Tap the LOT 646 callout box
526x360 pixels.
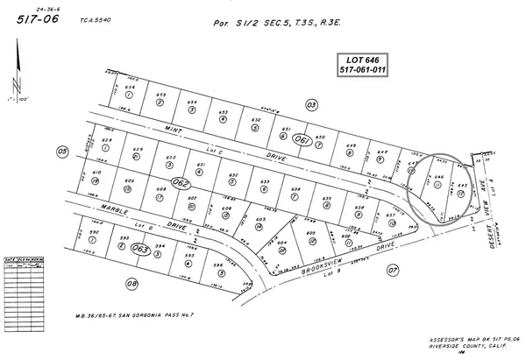(365, 64)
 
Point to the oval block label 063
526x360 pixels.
(139, 249)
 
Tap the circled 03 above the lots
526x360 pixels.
(310, 104)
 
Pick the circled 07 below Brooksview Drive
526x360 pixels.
(392, 271)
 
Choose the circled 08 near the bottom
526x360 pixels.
(131, 283)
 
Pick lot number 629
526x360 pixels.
(137, 150)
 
